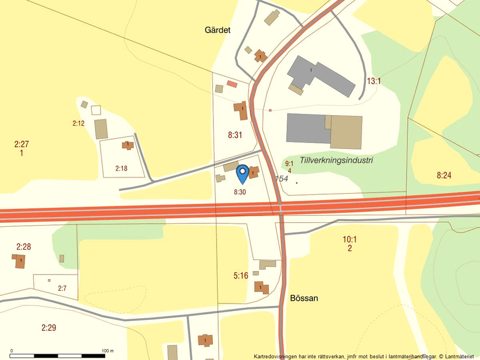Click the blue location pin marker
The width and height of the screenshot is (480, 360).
[x=243, y=173]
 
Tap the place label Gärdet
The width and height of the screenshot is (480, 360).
[x=218, y=30]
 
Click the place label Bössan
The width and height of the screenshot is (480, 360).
[x=304, y=298]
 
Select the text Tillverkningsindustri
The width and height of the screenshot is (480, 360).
[x=336, y=160]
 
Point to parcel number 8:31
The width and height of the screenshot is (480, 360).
[x=235, y=135]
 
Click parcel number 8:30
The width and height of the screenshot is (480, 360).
[x=240, y=191]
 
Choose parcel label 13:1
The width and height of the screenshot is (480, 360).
[x=374, y=81]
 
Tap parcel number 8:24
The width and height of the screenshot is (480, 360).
[x=444, y=174]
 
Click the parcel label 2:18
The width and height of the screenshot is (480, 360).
[x=121, y=169]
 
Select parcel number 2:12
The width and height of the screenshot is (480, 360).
[x=79, y=123]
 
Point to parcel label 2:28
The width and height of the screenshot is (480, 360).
[x=23, y=247]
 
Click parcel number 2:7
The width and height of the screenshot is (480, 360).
[x=62, y=288]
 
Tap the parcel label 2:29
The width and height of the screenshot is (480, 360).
[x=49, y=328]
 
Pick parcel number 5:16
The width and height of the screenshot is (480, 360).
[x=241, y=276]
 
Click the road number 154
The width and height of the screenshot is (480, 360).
[x=282, y=179]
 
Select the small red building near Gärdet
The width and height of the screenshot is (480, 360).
[x=232, y=84]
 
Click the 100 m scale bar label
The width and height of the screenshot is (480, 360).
[x=108, y=351]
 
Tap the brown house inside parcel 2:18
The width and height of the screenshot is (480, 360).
[x=127, y=145]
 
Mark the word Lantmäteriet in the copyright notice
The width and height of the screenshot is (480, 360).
[x=460, y=356]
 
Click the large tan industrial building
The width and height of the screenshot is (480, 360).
[x=346, y=132]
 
